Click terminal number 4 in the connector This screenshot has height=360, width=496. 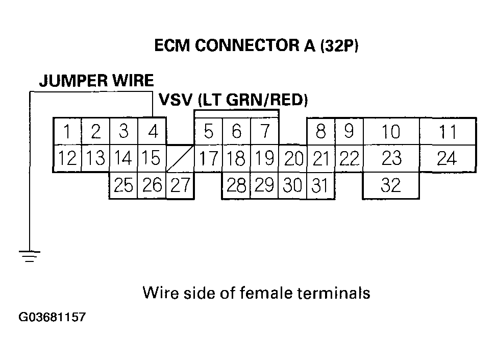153,132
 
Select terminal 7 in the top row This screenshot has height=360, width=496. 265,132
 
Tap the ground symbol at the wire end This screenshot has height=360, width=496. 30,255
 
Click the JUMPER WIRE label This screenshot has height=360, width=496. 96,81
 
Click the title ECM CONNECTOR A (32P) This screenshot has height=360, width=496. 257,46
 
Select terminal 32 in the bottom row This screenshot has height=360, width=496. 391,185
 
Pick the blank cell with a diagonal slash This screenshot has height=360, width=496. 180,158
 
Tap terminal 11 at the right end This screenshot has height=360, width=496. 448,132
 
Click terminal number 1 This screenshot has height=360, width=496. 67,132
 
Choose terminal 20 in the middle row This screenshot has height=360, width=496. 293,159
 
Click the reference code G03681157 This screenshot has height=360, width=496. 52,318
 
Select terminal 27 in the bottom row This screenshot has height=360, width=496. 180,185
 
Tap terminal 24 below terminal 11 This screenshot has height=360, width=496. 447,159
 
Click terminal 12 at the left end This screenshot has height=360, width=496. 67,159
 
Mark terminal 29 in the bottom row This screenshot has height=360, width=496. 264,185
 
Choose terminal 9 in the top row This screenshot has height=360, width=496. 349,131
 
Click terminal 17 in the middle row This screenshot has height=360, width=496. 208,159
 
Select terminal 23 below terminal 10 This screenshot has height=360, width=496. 391,159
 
